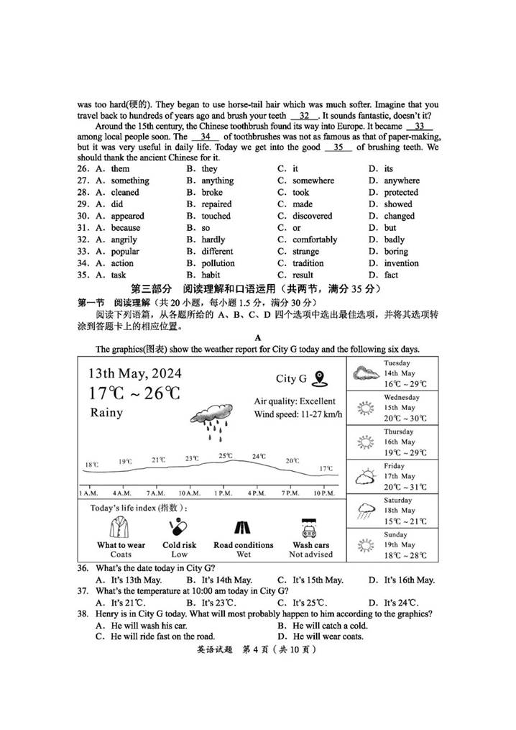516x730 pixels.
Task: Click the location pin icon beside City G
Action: [320, 378]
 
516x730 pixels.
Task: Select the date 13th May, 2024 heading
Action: [134, 373]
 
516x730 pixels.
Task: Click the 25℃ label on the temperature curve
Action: [226, 455]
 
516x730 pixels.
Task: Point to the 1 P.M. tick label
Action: [224, 493]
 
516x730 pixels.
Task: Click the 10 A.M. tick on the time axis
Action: [189, 493]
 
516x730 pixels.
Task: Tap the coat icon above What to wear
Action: [120, 529]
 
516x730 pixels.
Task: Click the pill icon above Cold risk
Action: [179, 529]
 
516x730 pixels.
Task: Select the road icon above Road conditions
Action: [243, 529]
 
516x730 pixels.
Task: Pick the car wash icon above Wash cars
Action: [310, 529]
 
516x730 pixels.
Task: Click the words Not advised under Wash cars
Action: [310, 555]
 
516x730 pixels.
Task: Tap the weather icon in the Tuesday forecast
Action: [366, 373]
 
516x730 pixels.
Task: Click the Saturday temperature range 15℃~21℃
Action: [405, 521]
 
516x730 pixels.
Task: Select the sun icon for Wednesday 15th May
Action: [366, 408]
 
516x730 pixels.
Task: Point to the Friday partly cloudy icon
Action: [366, 476]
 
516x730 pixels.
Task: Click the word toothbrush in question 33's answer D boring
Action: [395, 252]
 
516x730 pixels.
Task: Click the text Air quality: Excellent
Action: [295, 401]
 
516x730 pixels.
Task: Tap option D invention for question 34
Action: [401, 263]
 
